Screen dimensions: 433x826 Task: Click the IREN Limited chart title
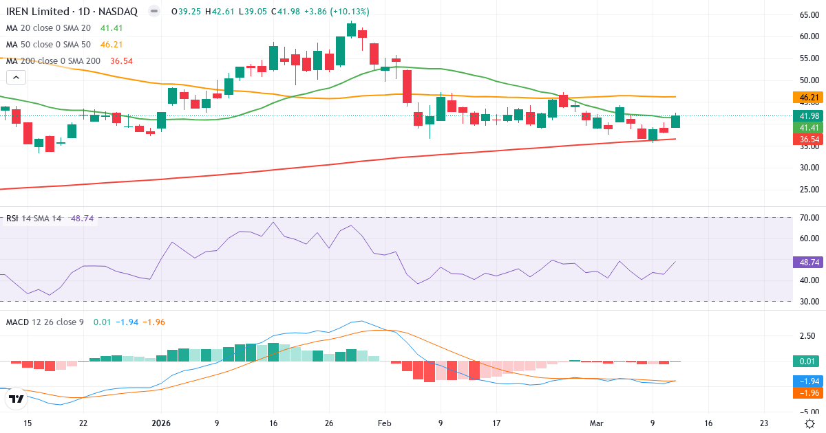[x=72, y=12]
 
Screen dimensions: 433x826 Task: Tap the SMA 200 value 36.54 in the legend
[x=120, y=60]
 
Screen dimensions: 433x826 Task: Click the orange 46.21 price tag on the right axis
[x=807, y=98]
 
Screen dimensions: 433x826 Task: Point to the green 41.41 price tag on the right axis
[x=807, y=128]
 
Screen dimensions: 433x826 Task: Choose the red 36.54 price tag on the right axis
[x=807, y=140]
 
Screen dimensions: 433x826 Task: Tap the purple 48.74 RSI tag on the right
[x=807, y=262]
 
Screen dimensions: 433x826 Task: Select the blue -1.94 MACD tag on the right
[x=807, y=381]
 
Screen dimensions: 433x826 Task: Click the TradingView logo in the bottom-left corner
[x=17, y=398]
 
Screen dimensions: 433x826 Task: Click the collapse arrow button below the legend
[x=16, y=78]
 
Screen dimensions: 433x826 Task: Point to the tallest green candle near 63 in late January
[x=352, y=30]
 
